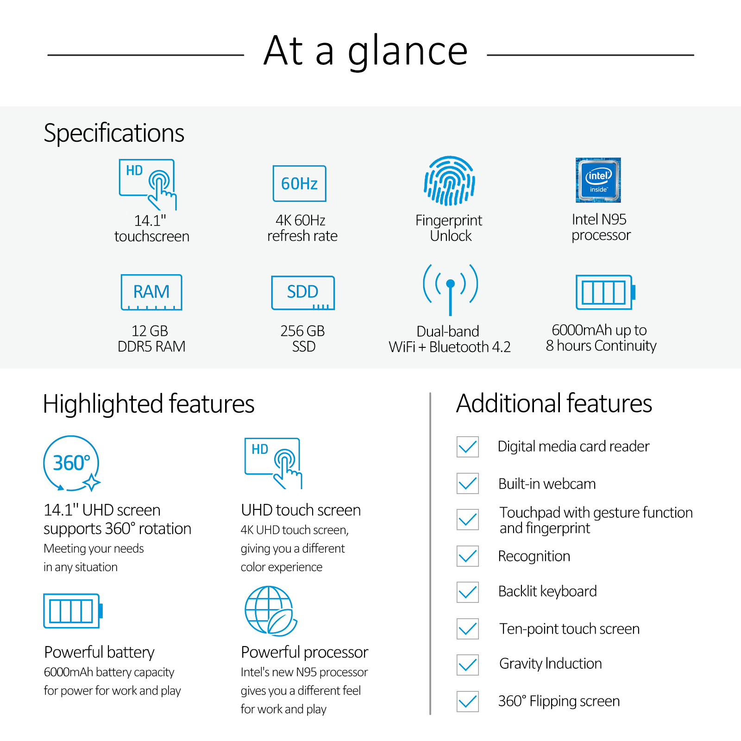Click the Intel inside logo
(598, 180)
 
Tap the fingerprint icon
(449, 181)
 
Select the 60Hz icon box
(300, 183)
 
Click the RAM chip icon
(151, 292)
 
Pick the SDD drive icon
(303, 293)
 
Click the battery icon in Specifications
(605, 292)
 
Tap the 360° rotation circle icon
(72, 463)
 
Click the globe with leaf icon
(270, 611)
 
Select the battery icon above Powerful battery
(73, 611)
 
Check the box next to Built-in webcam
(468, 484)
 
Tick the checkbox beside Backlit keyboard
(468, 592)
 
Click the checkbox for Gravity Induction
(468, 665)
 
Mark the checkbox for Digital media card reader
(468, 447)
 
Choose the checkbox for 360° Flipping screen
(468, 701)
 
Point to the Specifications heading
(114, 133)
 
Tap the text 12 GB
(150, 331)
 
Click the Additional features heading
(554, 403)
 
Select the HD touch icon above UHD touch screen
(273, 463)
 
